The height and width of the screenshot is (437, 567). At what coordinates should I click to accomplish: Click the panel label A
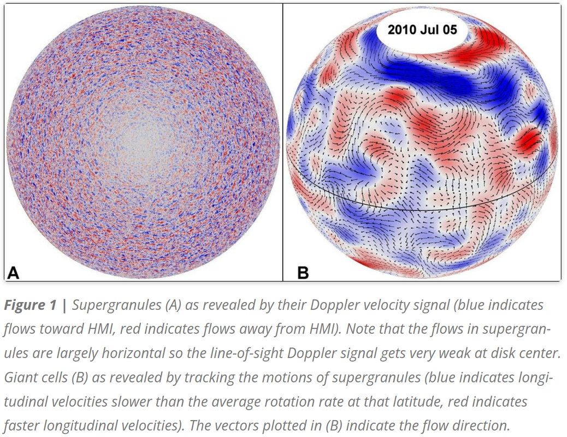point(13,272)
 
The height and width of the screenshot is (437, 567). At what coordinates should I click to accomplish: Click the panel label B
point(303,272)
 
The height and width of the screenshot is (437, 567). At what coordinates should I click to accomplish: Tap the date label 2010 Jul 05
point(422,29)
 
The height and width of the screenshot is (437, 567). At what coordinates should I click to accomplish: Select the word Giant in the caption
point(19,377)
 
